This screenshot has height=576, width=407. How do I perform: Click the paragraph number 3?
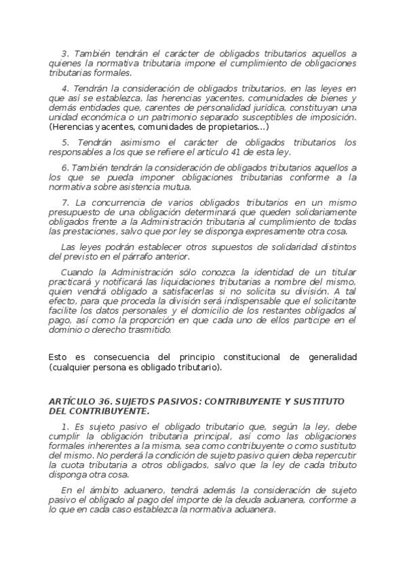click(x=64, y=53)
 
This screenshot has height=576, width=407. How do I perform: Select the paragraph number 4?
click(x=64, y=89)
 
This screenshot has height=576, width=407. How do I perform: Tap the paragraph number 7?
click(x=64, y=203)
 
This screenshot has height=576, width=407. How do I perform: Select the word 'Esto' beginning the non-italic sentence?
click(x=59, y=357)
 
